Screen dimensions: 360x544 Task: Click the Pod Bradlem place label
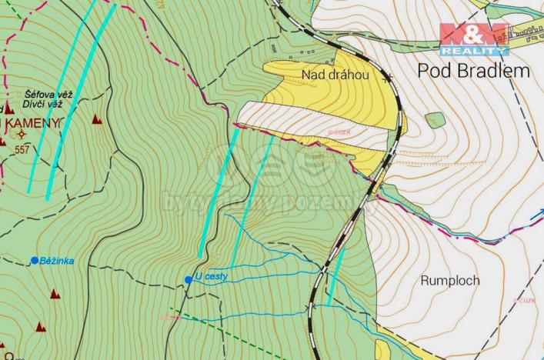pos(473,71)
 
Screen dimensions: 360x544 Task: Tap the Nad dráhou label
pos(335,75)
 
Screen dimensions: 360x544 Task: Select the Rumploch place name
pos(450,281)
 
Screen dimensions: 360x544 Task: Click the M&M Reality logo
pos(473,39)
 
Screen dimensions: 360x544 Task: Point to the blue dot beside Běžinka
pos(35,261)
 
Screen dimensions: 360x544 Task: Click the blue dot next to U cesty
pos(189,280)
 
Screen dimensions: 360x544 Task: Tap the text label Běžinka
pos(58,261)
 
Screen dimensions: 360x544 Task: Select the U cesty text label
pos(212,276)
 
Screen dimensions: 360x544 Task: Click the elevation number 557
pos(21,149)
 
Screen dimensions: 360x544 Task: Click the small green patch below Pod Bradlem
pos(435,120)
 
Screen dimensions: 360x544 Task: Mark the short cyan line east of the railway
pos(335,275)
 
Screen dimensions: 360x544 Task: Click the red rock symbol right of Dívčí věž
pos(97,119)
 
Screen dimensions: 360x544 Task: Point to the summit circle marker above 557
pos(21,135)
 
